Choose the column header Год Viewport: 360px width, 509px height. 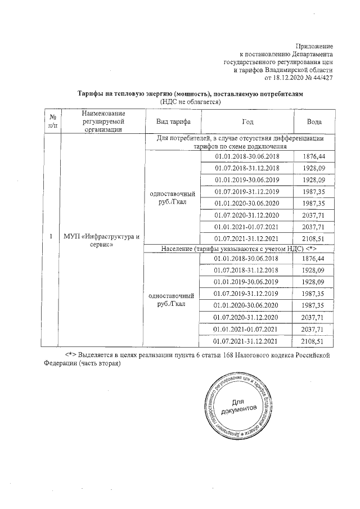[x=247, y=121]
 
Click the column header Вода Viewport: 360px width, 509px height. [x=314, y=121]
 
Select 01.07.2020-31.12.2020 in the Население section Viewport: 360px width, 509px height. [x=247, y=318]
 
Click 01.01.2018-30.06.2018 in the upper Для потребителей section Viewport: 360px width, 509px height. [x=247, y=156]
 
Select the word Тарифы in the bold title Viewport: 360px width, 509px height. [x=89, y=94]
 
